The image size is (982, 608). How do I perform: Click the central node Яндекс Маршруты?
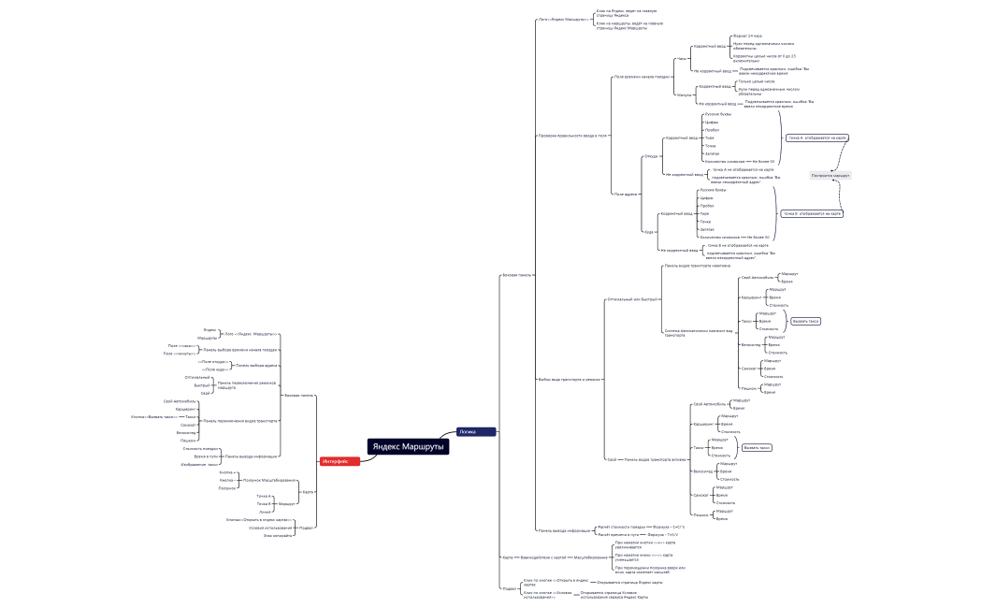point(408,447)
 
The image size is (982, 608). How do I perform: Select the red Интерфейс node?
point(335,461)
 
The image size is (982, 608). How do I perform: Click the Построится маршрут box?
point(830,175)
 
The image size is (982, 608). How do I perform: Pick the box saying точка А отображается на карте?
point(817,138)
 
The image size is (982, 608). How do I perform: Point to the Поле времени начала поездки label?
point(643,77)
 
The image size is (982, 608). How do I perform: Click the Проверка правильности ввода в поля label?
point(572,136)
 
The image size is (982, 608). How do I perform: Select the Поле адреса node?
point(626,194)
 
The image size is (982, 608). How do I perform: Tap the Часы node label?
point(682,58)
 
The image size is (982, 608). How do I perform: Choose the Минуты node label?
point(684,94)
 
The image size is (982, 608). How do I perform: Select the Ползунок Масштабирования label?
point(267,480)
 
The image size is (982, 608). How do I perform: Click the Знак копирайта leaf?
point(280,535)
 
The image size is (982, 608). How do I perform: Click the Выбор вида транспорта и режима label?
point(570,379)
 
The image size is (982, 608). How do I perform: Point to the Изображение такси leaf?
point(199,464)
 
